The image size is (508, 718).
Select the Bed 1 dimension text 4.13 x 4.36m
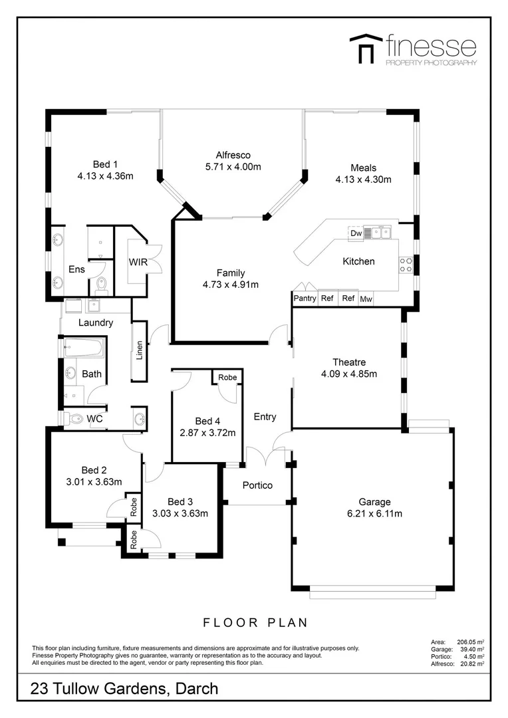(105, 176)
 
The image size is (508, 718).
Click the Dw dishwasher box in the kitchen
(356, 233)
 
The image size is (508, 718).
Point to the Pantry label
(305, 299)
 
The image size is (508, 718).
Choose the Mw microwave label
(366, 300)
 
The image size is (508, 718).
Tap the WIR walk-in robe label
(138, 263)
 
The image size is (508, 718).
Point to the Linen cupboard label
(140, 350)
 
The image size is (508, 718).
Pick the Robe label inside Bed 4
(227, 378)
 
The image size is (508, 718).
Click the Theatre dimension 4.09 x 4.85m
(349, 374)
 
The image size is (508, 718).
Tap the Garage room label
(374, 502)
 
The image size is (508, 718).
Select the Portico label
(257, 485)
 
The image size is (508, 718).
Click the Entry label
(265, 417)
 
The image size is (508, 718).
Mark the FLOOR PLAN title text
(255, 623)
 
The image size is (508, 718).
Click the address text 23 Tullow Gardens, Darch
(124, 689)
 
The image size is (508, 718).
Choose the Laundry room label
(96, 323)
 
